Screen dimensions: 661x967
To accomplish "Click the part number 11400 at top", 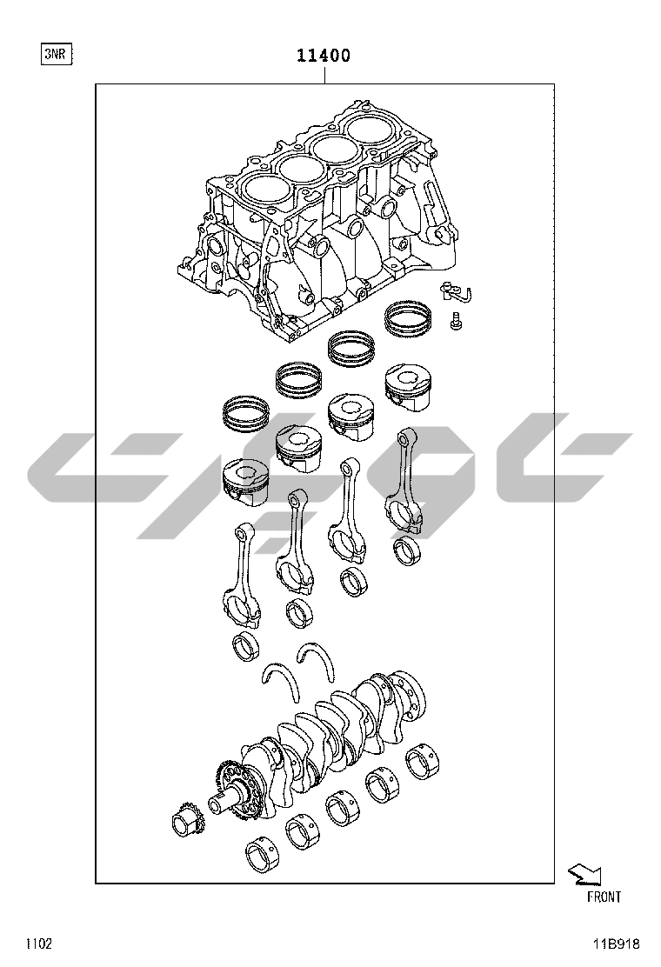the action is [x=324, y=56].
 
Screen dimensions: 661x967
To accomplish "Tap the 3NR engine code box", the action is [x=55, y=54].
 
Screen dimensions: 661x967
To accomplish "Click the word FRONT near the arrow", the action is [x=604, y=897].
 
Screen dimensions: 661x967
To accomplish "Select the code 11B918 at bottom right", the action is [x=617, y=944].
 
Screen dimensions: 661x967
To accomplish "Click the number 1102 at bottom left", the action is [x=38, y=944].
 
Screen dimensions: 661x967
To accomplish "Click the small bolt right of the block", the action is [x=456, y=320].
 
